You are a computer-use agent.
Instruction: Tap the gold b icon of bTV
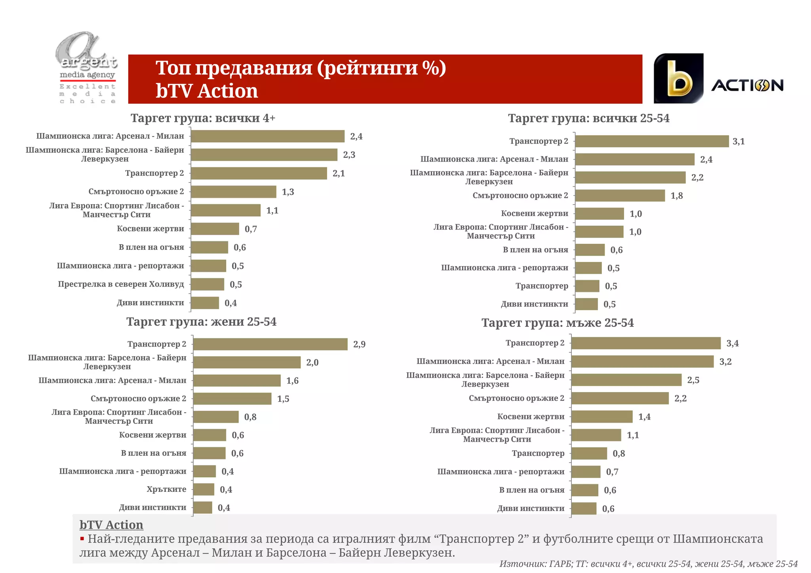679,78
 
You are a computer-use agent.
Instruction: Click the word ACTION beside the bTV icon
747,85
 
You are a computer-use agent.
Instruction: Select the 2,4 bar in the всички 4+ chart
267,136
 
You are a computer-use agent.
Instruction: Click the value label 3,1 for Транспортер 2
739,141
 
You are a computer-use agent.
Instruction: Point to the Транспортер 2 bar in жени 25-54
270,344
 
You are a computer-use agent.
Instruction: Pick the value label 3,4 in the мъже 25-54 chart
732,343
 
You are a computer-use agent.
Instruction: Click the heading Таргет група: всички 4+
203,118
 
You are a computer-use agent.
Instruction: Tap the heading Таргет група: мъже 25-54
557,323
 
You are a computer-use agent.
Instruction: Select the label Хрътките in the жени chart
166,489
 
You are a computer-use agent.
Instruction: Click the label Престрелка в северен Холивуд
121,284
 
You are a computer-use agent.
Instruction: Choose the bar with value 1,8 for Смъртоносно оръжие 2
620,195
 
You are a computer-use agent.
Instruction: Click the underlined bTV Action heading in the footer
111,525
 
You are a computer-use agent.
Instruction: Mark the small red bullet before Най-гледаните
82,539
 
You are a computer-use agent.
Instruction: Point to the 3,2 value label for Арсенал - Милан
725,362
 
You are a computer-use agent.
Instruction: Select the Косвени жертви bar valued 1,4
602,417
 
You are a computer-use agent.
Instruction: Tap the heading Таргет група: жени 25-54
201,322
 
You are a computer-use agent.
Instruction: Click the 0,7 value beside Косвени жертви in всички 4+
251,229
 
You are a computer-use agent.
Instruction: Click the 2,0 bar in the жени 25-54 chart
247,362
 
